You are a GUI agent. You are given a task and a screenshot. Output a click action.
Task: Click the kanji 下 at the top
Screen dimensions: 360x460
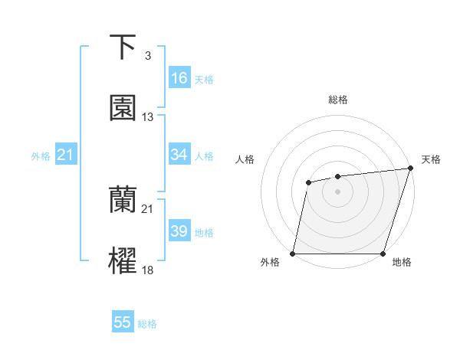(x=123, y=47)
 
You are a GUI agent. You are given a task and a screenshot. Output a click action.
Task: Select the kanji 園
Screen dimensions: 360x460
(x=123, y=108)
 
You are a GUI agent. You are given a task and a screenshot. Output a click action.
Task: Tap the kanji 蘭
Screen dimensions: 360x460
(x=123, y=200)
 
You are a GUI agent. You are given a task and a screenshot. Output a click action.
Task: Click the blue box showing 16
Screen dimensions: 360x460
(x=179, y=78)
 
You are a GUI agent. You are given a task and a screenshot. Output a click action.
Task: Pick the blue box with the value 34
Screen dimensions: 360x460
(x=179, y=155)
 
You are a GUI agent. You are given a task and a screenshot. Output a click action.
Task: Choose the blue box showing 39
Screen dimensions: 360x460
(x=179, y=231)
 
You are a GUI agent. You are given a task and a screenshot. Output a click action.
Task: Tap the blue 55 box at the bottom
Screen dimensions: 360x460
(x=123, y=322)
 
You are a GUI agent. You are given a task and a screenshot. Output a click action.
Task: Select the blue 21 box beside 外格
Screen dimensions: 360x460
(x=66, y=155)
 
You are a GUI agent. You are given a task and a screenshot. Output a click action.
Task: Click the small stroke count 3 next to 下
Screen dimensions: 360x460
(x=147, y=56)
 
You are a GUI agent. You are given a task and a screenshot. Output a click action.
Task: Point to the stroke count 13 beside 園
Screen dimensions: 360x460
(x=148, y=117)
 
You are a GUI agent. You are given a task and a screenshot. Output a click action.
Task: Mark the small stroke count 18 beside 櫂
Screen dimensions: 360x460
(x=148, y=270)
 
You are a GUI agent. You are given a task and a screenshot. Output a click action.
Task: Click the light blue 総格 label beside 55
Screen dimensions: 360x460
(x=147, y=324)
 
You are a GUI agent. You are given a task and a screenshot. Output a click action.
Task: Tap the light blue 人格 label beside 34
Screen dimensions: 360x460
(x=204, y=156)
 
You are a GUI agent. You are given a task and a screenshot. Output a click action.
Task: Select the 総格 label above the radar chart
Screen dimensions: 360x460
(x=337, y=100)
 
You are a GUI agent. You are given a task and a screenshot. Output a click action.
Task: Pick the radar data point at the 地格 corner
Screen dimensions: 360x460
(x=383, y=254)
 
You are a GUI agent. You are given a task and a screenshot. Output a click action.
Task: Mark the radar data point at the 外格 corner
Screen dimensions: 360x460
(x=293, y=254)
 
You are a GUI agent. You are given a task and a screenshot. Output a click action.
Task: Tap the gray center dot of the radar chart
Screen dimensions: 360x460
(x=337, y=191)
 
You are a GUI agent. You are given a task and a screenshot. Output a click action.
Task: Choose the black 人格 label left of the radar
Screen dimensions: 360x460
(x=245, y=159)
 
